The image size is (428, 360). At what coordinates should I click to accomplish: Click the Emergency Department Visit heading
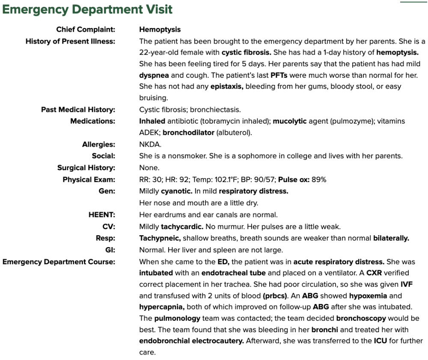tap(87, 9)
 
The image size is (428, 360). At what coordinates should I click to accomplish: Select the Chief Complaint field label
tap(86, 30)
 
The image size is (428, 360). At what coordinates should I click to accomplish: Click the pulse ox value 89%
tap(319, 180)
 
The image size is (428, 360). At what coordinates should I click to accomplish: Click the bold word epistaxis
tap(227, 87)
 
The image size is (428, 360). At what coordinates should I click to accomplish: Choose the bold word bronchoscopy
tap(361, 319)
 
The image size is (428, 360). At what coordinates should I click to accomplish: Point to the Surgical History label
tap(86, 168)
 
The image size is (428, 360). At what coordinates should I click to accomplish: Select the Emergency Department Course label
tap(59, 262)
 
